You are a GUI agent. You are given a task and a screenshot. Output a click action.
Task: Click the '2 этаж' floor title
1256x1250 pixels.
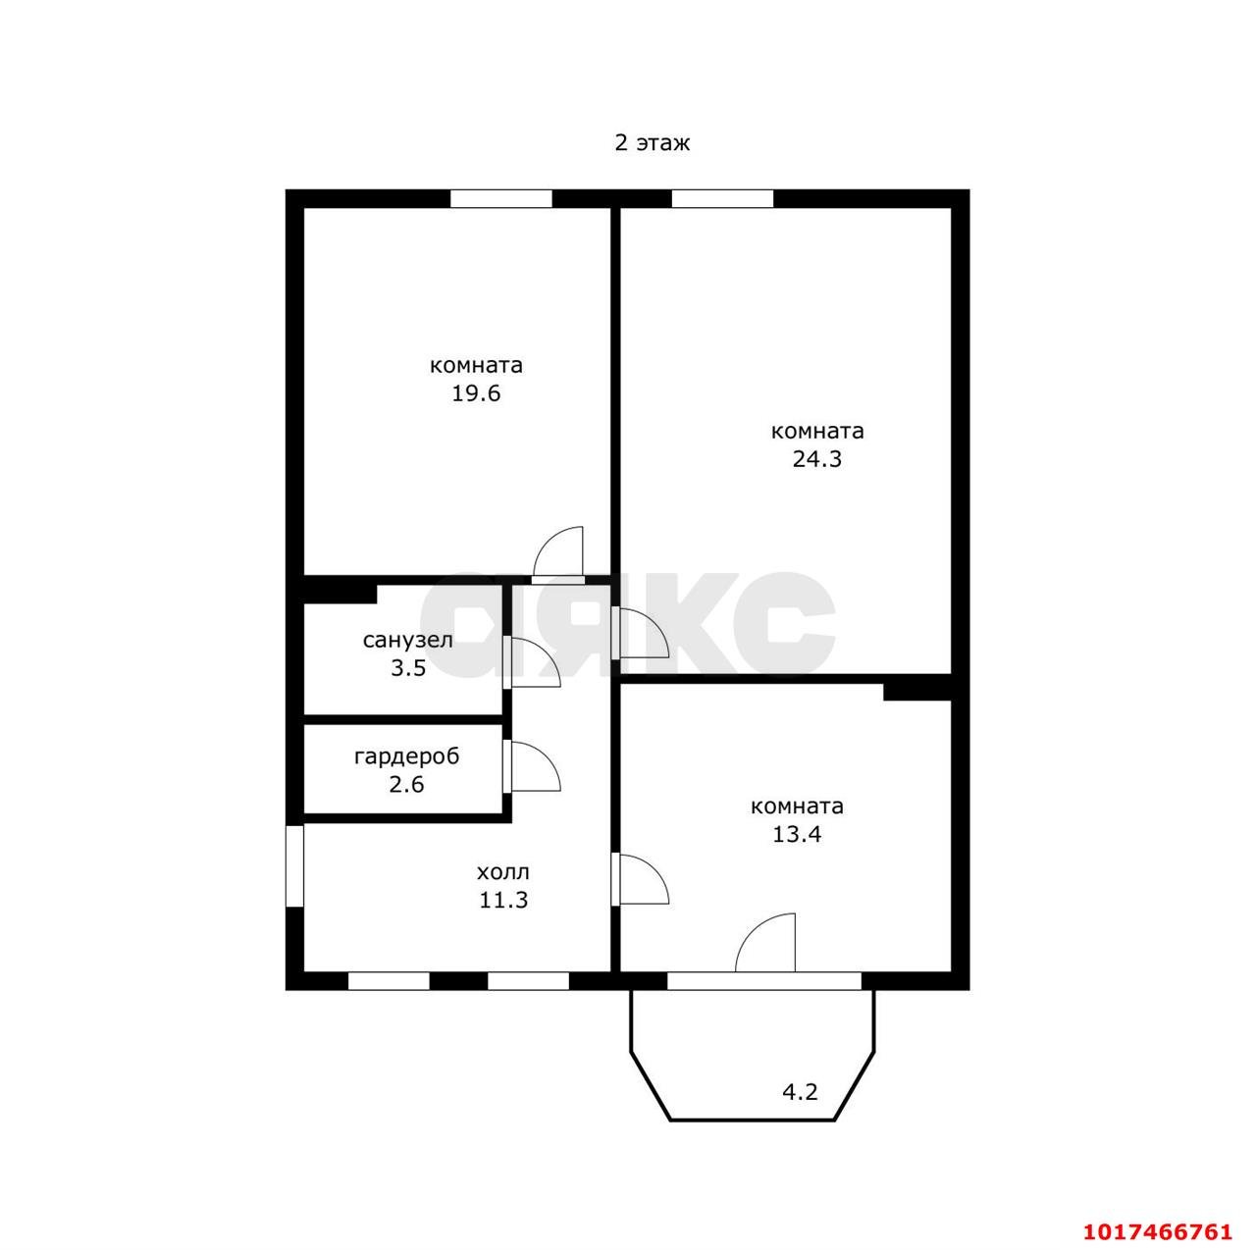pos(652,142)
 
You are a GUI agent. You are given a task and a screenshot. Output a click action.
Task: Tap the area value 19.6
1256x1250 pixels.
pos(476,393)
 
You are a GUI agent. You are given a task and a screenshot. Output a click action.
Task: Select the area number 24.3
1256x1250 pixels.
pos(816,459)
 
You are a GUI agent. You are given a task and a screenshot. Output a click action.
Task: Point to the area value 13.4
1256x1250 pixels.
pos(797,834)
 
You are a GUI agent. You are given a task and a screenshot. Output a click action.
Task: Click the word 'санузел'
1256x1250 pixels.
pos(407,641)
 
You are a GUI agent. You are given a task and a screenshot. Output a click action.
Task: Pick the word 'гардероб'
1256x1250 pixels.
pos(406,756)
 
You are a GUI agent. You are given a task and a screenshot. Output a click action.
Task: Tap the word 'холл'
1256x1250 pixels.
pos(503,872)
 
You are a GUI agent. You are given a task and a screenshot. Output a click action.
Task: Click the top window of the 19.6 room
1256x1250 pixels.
pos(501,198)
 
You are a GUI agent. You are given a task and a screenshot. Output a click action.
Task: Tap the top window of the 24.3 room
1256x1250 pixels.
pos(722,198)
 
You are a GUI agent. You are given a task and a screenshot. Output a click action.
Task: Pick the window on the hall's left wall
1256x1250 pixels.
pos(295,865)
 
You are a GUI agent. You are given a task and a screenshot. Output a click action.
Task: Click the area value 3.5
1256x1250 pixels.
pos(408,668)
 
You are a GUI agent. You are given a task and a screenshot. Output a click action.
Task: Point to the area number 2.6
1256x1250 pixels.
pos(406,784)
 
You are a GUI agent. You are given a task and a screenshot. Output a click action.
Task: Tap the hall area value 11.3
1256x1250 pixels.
pos(503,900)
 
